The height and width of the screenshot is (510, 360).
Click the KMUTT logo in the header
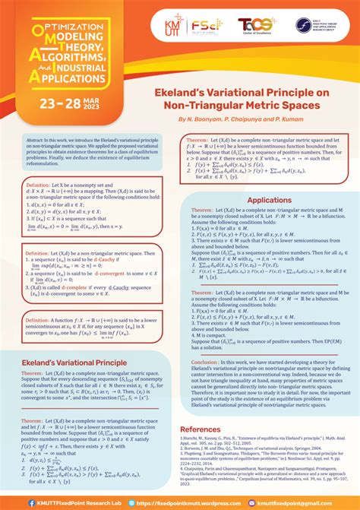[163, 25]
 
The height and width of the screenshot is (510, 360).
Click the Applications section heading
[269, 201]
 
